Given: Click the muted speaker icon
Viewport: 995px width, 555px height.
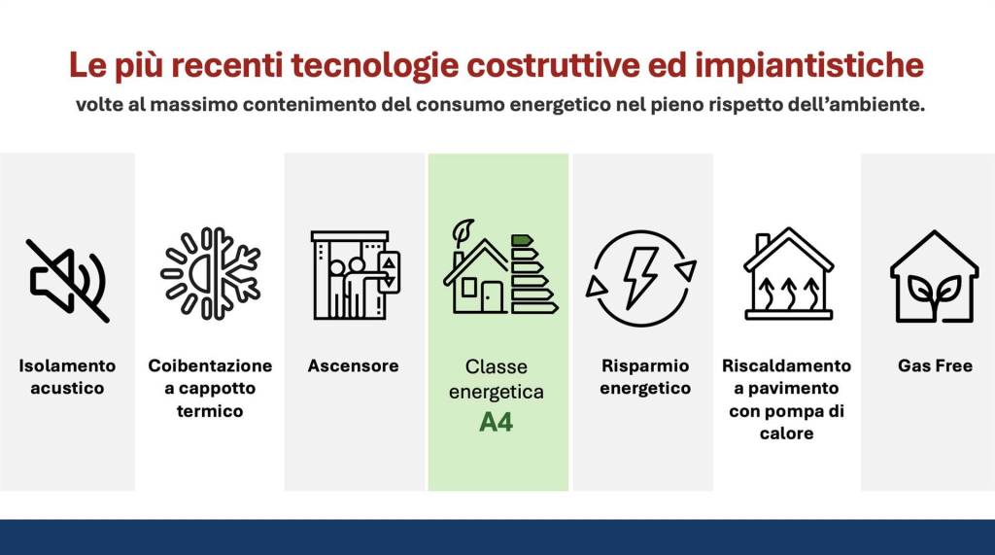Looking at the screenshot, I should (x=67, y=280).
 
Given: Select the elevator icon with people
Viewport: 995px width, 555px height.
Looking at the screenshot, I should (x=355, y=275).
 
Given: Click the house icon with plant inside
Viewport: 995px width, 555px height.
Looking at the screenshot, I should (x=933, y=276).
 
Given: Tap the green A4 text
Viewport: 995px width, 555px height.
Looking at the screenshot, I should (x=497, y=423).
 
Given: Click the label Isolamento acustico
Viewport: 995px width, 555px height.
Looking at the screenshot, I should (x=67, y=377).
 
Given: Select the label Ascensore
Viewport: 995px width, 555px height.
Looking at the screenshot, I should (x=354, y=366).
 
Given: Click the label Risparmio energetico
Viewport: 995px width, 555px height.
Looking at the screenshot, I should (x=644, y=377).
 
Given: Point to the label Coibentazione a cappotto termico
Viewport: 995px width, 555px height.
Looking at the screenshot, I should (x=210, y=389).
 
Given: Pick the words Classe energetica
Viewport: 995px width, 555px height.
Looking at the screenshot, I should (x=497, y=379).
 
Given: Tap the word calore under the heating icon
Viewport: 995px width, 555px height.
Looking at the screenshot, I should (x=786, y=434).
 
